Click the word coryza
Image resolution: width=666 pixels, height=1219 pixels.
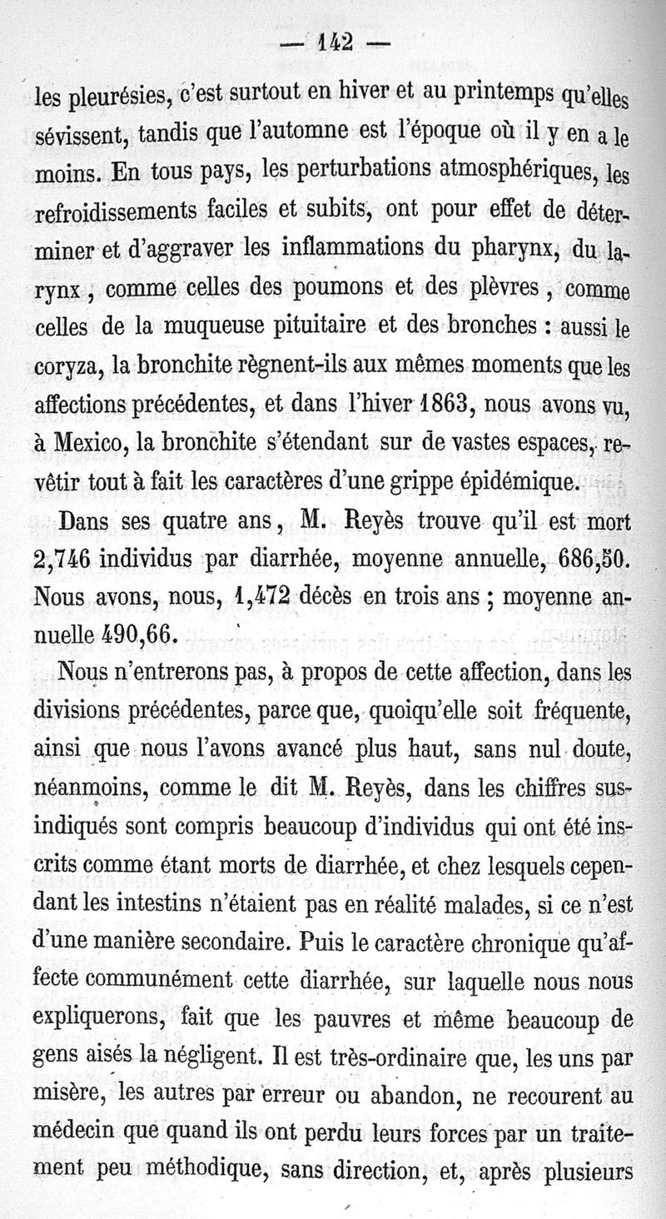[x=62, y=368]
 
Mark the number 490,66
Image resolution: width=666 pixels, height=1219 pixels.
[x=137, y=631]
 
